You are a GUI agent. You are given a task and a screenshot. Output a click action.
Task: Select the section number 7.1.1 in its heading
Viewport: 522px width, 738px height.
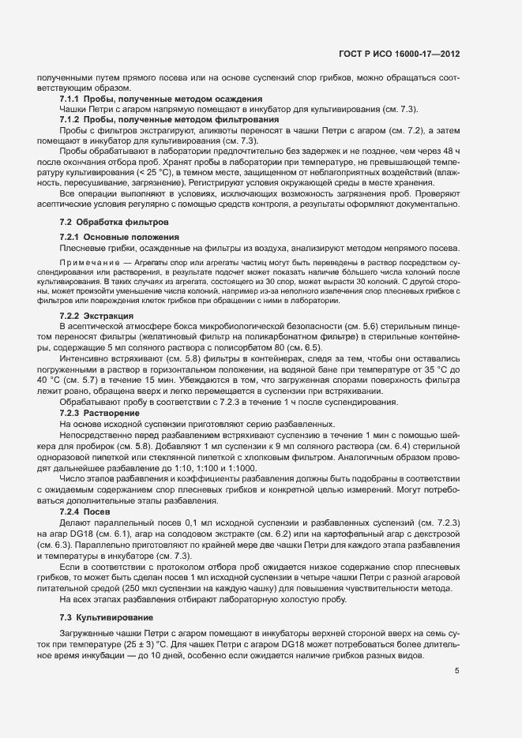coord(71,99)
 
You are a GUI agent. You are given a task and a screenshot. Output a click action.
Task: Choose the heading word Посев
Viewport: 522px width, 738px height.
coord(96,511)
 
